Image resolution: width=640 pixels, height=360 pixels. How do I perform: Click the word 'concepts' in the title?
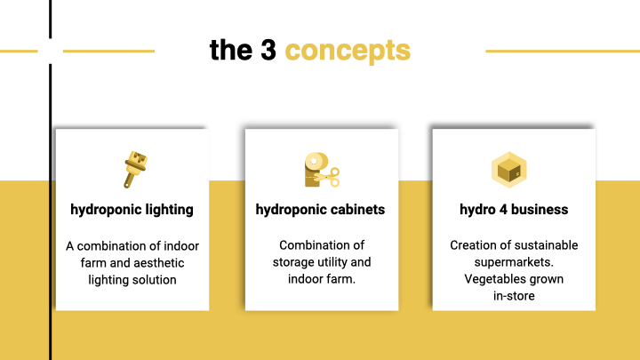[x=348, y=52]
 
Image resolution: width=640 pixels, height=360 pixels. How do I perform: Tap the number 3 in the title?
[x=268, y=50]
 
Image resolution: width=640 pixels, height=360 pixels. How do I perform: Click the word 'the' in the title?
[x=231, y=50]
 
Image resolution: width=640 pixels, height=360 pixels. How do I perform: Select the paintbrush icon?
[x=135, y=170]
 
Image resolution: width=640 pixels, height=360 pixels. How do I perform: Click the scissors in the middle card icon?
[x=327, y=178]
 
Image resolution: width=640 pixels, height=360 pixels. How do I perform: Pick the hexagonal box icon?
[x=509, y=170]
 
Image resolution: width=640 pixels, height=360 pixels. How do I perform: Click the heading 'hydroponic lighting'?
[x=132, y=210]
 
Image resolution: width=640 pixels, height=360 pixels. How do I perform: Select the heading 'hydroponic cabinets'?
[x=320, y=210]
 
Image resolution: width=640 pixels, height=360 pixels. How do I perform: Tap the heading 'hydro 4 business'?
[x=514, y=210]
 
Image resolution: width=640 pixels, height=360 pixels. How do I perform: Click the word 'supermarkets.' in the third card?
[x=514, y=262]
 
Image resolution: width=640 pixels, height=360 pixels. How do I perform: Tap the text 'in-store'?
[x=514, y=296]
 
